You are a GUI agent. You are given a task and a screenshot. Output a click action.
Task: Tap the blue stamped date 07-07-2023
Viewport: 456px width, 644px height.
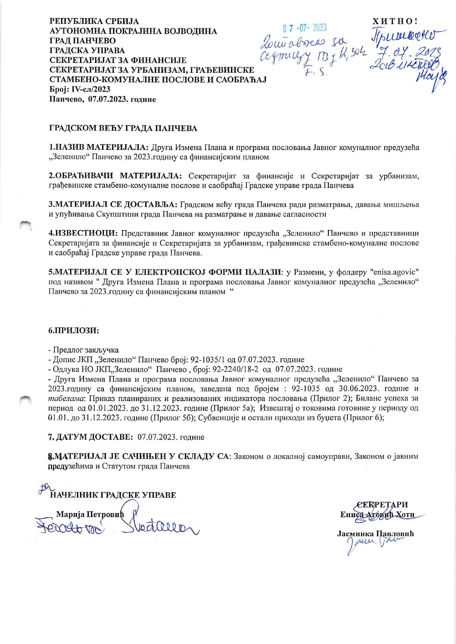[304, 28]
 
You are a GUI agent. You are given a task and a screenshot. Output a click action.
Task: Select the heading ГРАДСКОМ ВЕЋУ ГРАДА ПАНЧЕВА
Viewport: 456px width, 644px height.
[124, 128]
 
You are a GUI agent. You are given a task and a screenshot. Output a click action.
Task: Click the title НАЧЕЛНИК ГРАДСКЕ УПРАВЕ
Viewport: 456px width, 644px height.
[114, 495]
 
